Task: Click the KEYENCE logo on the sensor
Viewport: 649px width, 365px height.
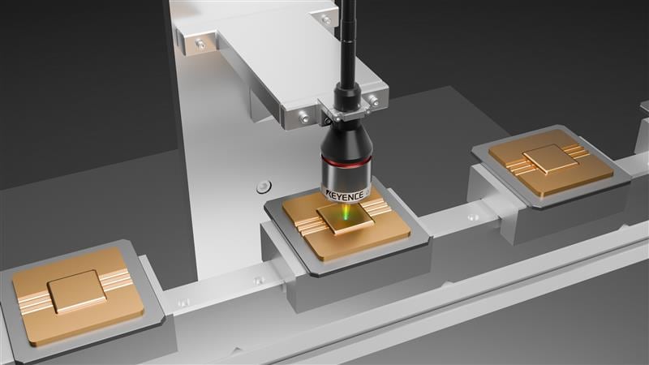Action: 344,194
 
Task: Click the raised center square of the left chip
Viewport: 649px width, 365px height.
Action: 76,291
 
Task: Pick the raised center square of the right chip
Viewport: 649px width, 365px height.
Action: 550,159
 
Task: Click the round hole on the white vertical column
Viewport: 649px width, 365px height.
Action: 264,187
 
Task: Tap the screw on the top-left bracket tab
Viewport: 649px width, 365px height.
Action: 200,44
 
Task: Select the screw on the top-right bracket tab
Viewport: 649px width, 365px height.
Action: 327,19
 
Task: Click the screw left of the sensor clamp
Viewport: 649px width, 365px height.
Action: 304,118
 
